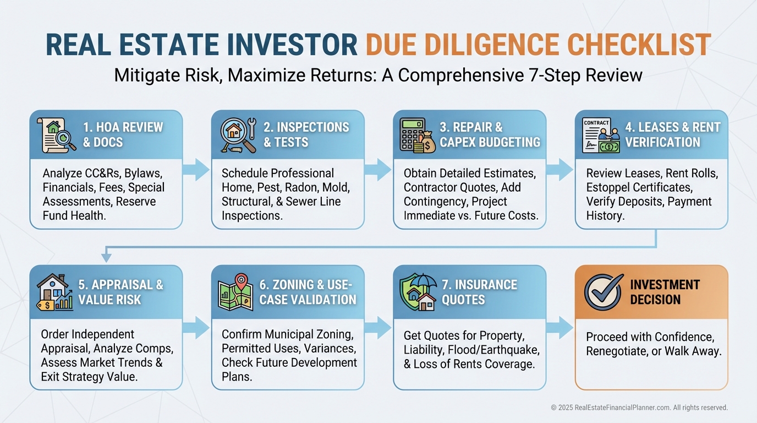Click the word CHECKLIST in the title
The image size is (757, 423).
(x=639, y=45)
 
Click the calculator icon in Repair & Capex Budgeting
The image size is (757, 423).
(x=412, y=134)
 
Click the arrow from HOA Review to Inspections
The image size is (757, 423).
(x=196, y=170)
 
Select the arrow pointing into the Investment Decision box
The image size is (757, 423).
(x=559, y=328)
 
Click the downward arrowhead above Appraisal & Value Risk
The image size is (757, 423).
(x=106, y=257)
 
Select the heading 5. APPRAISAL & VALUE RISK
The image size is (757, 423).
(x=120, y=292)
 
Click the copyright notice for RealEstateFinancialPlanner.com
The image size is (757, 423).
(x=639, y=408)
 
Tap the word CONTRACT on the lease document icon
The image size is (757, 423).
(x=596, y=123)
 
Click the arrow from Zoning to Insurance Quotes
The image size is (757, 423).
(x=378, y=328)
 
